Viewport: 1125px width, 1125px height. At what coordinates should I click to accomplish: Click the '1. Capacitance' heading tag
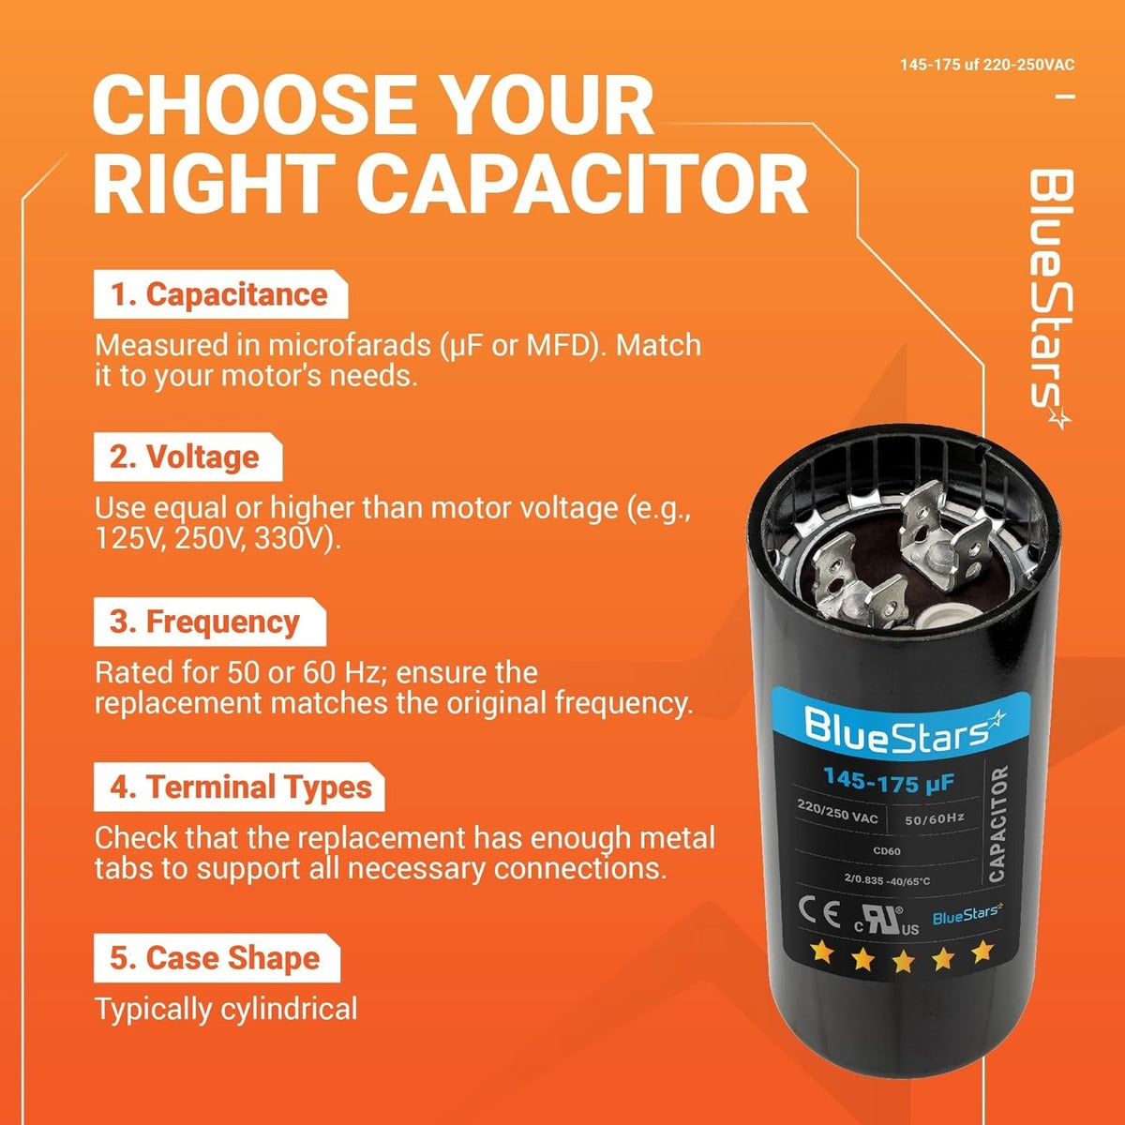click(x=220, y=294)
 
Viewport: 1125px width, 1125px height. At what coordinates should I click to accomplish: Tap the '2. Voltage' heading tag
click(x=188, y=457)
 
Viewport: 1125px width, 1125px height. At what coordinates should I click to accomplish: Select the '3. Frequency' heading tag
click(x=210, y=622)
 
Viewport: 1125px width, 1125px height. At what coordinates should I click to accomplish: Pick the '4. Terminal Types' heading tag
click(x=239, y=787)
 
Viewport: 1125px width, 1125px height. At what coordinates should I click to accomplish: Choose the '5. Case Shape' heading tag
click(x=217, y=958)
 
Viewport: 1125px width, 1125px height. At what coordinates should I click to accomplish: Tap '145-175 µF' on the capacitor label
click(x=889, y=780)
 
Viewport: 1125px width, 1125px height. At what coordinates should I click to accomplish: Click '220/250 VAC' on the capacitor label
click(x=837, y=812)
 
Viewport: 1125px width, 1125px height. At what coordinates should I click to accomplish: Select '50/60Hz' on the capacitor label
click(x=934, y=819)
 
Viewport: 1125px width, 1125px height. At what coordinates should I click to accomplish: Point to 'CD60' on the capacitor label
click(x=886, y=850)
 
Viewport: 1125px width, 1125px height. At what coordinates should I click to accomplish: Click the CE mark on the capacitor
click(x=819, y=913)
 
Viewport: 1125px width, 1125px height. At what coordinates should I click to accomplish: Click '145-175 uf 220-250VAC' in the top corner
click(x=987, y=65)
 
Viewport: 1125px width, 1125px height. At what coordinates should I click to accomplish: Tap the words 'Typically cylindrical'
click(x=226, y=1009)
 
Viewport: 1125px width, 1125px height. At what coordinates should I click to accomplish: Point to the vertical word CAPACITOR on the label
click(x=997, y=824)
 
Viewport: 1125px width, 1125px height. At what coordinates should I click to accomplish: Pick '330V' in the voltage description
click(x=289, y=538)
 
